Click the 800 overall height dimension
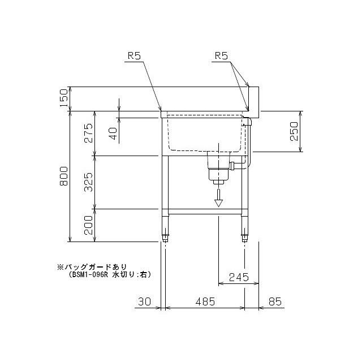pyautogui.click(x=63, y=176)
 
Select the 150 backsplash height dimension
pyautogui.click(x=63, y=98)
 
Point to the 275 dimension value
pyautogui.click(x=88, y=133)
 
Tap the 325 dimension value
pyautogui.click(x=88, y=182)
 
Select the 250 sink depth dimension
pyautogui.click(x=294, y=131)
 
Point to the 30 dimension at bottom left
pyautogui.click(x=145, y=301)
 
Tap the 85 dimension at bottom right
pyautogui.click(x=275, y=301)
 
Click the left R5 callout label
pyautogui.click(x=134, y=55)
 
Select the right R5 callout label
pyautogui.click(x=221, y=55)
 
